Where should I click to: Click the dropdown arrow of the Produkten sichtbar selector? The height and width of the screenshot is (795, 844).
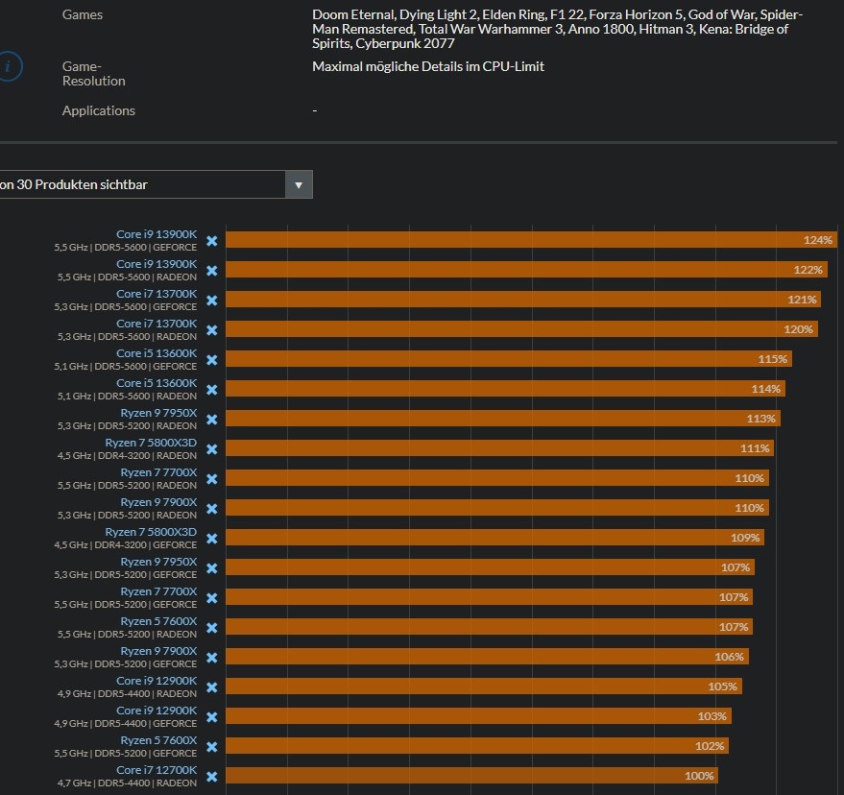click(299, 184)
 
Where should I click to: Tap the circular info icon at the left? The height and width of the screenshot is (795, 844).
click(9, 67)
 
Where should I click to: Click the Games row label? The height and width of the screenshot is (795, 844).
click(83, 14)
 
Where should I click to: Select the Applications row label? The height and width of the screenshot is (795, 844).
click(99, 110)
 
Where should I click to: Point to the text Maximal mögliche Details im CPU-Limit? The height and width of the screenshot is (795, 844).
click(428, 66)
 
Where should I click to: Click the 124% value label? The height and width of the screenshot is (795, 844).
click(818, 240)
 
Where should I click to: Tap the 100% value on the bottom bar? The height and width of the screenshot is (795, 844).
click(699, 776)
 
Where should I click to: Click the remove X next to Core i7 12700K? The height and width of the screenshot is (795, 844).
click(212, 776)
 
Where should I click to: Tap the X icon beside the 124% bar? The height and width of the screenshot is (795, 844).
click(212, 240)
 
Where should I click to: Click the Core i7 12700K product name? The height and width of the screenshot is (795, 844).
click(157, 770)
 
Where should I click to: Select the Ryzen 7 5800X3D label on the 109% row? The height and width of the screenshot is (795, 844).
click(151, 532)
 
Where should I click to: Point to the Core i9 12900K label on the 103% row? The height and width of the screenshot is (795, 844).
click(157, 711)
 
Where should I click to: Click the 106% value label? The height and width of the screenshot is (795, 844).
click(729, 657)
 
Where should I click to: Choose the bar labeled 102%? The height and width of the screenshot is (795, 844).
click(476, 746)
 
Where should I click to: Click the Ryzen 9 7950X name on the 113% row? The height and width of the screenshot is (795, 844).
click(158, 413)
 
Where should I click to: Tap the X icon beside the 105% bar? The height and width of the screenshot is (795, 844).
click(212, 687)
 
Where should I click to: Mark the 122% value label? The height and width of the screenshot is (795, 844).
click(808, 270)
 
